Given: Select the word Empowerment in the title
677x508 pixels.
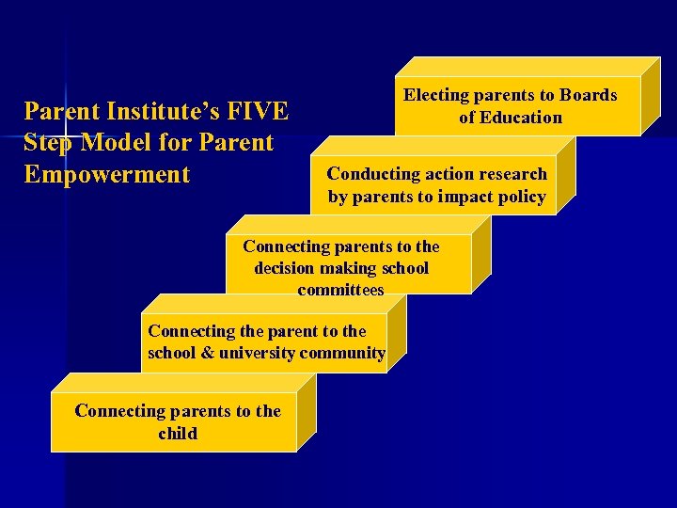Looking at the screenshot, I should click(x=107, y=175).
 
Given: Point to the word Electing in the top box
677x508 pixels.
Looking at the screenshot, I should click(x=436, y=95).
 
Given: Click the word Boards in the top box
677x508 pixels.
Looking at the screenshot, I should click(x=589, y=95).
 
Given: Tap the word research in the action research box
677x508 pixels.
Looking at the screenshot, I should click(x=508, y=174).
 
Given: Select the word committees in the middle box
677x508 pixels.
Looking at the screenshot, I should click(x=340, y=291).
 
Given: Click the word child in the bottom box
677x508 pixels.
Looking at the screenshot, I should click(x=178, y=434).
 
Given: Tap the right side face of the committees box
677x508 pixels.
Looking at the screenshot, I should click(x=481, y=255).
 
